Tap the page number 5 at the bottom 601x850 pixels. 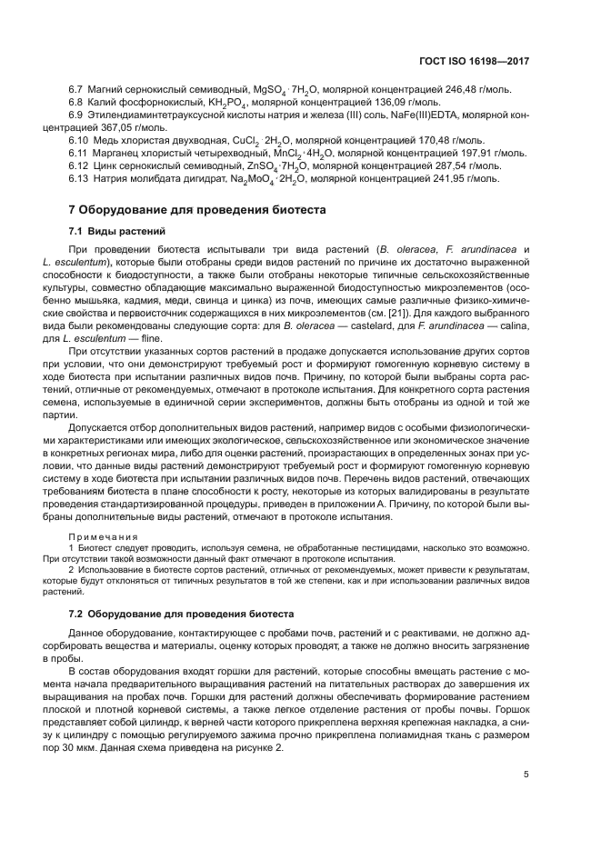pyautogui.click(x=526, y=775)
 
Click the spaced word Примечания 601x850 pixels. pyautogui.click(x=102, y=537)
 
